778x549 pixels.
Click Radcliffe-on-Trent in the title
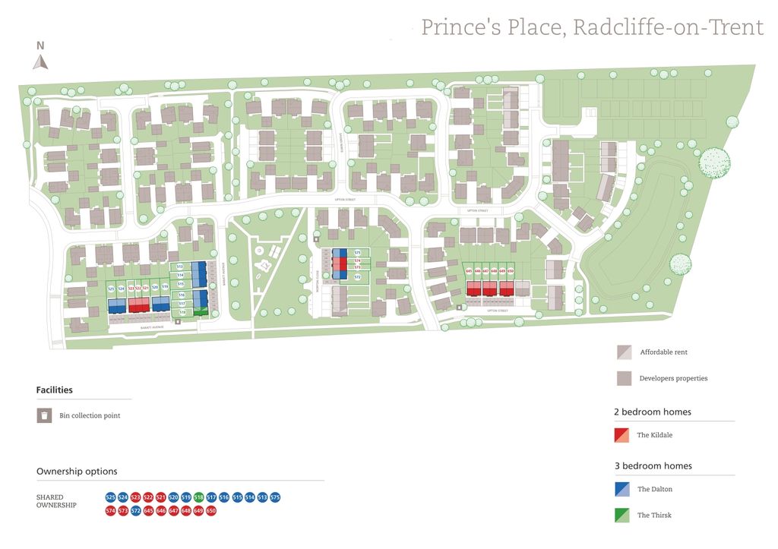(x=668, y=27)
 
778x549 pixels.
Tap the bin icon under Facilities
(x=45, y=415)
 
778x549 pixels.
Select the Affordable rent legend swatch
(x=624, y=352)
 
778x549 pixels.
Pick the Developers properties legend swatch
(x=624, y=378)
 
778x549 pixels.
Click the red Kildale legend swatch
(x=621, y=435)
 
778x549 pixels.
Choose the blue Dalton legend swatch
(x=621, y=490)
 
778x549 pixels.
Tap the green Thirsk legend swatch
(x=621, y=516)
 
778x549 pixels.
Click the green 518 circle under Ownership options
(x=198, y=497)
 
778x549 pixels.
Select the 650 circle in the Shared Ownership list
(x=211, y=511)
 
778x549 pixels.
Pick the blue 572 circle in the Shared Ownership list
(x=136, y=511)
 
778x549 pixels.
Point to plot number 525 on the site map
(x=111, y=289)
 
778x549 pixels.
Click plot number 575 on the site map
(x=357, y=252)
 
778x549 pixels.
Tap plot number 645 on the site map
(x=469, y=271)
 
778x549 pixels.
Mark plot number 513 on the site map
(x=180, y=267)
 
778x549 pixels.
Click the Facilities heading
(x=55, y=390)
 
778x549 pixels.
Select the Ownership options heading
(x=77, y=472)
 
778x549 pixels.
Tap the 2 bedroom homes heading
(x=653, y=412)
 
